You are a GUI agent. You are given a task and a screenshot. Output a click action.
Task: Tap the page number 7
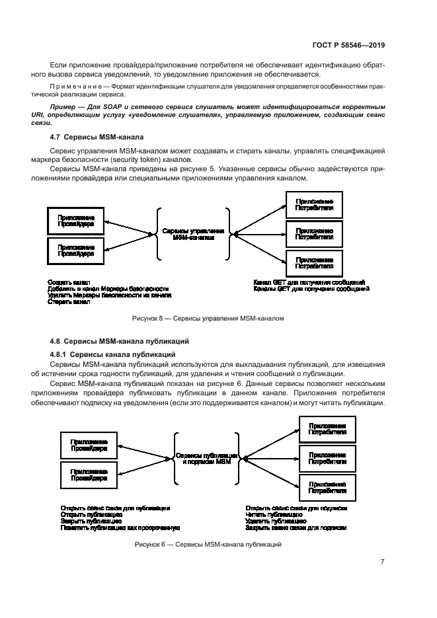coord(383,561)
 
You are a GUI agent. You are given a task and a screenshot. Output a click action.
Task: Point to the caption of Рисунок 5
coord(208,318)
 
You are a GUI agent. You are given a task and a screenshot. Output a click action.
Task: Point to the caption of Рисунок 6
coord(208,544)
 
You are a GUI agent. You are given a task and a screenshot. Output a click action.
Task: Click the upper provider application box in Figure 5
coord(75,220)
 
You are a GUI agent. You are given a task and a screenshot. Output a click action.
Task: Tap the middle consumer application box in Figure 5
coord(314,233)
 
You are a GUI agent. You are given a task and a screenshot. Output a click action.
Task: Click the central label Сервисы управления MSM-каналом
coord(193,235)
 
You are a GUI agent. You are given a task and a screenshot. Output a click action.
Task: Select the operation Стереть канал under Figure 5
coord(69,301)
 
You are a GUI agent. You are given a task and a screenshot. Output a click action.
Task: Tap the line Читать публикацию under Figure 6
coord(269,514)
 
